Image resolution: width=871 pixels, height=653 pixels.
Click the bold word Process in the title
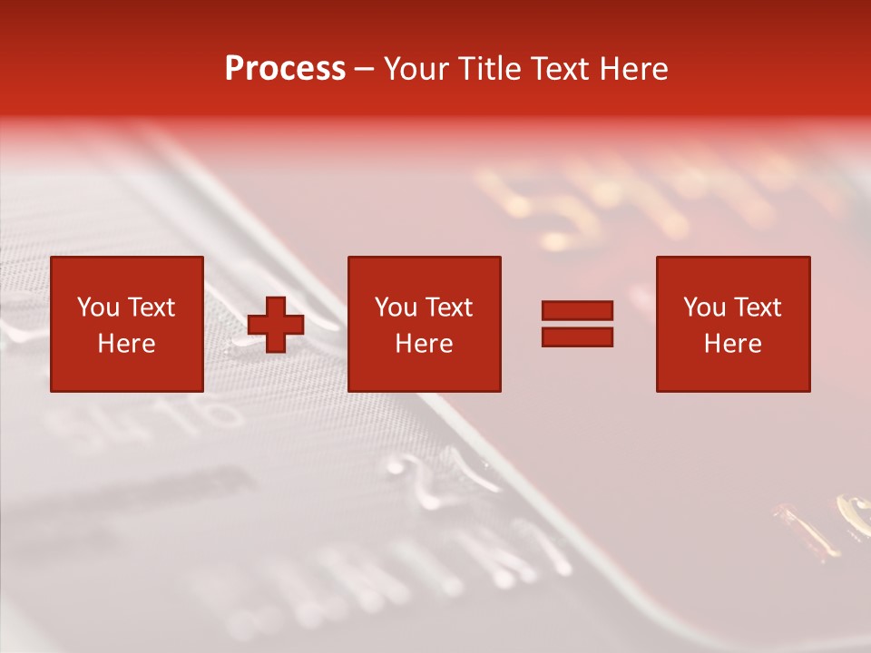pos(285,69)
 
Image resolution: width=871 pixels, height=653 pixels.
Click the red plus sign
pos(276,325)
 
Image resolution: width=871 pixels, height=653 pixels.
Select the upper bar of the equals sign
pos(577,310)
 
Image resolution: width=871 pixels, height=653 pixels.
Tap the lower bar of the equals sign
pos(577,336)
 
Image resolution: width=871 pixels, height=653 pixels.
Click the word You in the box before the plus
pos(98,307)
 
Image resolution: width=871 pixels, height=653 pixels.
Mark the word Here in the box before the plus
pos(126,344)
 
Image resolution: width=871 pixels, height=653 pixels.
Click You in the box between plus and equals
pos(396,307)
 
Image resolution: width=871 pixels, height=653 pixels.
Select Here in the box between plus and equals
pos(424,344)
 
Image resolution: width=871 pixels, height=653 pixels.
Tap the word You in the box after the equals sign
pos(704,307)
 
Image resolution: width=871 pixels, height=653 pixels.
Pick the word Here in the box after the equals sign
pos(732,344)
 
